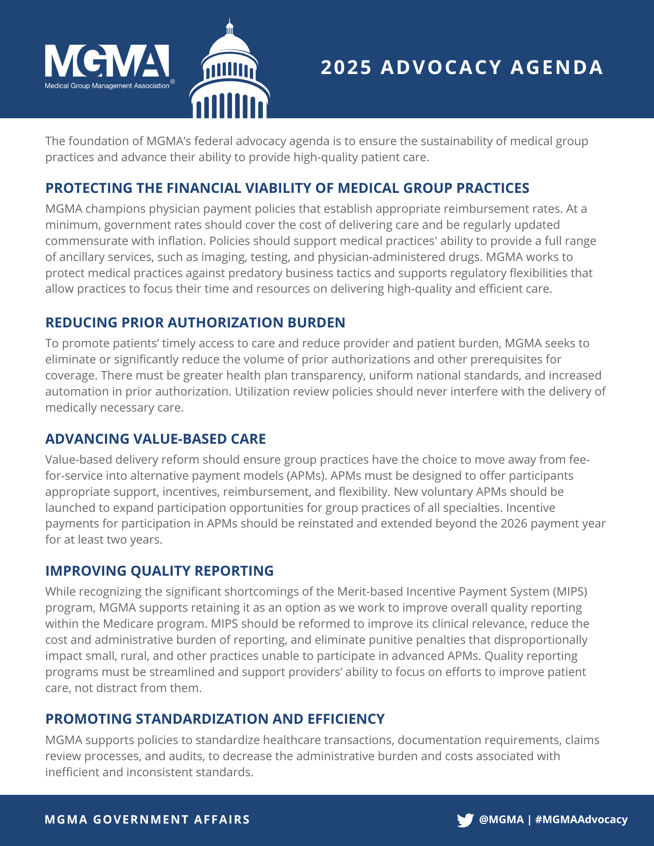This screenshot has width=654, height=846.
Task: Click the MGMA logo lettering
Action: [107, 61]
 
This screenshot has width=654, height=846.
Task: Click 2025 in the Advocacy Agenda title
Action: [346, 68]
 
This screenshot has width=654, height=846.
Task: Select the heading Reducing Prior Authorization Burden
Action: [195, 322]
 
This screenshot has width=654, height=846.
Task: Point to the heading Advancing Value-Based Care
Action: [155, 439]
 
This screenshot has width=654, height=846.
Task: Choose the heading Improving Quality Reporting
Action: [159, 571]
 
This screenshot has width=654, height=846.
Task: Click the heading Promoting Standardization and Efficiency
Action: [215, 719]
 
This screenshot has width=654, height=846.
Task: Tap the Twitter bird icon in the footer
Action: [465, 820]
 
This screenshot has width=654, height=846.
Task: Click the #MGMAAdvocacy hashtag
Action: [581, 819]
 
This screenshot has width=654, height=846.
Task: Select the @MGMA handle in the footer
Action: [501, 819]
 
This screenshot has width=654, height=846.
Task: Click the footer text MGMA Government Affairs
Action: [147, 819]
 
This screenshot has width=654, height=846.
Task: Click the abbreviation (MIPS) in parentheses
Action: [571, 591]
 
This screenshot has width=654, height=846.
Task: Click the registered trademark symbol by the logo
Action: [172, 81]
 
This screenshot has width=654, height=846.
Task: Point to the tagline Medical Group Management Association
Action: [107, 86]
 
